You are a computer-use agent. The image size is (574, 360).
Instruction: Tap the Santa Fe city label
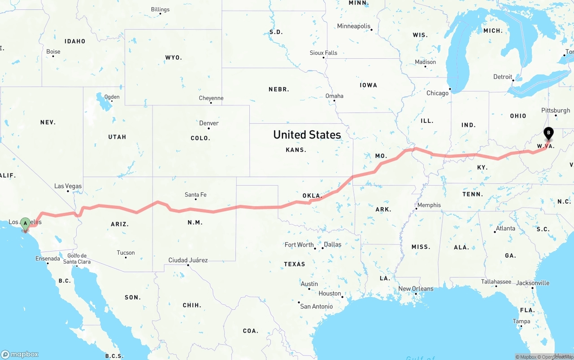[x=196, y=195]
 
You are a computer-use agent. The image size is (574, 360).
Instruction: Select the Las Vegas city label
[x=68, y=186]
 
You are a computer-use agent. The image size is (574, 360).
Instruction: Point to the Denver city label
[x=209, y=123]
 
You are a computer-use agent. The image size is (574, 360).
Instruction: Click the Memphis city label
[x=429, y=205]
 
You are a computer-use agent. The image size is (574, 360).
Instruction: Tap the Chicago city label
[x=437, y=93]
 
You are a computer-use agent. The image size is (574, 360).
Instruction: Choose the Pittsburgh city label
[x=556, y=110]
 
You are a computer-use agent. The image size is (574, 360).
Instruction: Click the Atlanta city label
[x=505, y=228]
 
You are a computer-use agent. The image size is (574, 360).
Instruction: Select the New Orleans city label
[x=416, y=289]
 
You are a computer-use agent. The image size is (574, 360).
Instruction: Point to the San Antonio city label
[x=317, y=306]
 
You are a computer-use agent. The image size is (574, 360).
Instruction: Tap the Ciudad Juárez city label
[x=188, y=260]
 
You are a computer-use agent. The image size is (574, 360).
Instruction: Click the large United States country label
[x=307, y=134]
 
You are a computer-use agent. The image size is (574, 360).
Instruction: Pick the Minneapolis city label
[x=354, y=26]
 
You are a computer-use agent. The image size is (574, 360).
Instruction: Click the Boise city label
[x=53, y=52]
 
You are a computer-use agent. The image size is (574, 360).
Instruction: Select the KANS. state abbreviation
[x=296, y=150]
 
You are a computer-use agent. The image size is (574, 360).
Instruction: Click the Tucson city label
[x=126, y=253]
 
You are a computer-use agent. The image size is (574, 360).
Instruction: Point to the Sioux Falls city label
[x=323, y=53]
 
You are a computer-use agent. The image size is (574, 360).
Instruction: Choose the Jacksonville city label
[x=533, y=283]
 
